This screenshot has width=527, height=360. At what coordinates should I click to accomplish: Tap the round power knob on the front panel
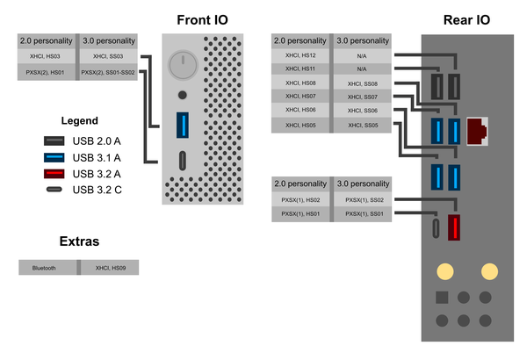(x=182, y=62)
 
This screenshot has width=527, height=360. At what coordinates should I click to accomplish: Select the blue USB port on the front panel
(x=182, y=125)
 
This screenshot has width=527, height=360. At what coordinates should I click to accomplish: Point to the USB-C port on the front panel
(x=182, y=162)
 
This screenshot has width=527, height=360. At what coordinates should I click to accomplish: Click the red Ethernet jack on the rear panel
(x=477, y=131)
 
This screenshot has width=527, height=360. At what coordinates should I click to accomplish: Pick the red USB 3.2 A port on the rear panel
(x=455, y=227)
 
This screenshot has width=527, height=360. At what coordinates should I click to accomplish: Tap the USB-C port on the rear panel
(x=437, y=227)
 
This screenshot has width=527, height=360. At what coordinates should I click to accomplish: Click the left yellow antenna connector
(x=444, y=271)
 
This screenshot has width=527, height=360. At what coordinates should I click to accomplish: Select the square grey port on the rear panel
(x=444, y=299)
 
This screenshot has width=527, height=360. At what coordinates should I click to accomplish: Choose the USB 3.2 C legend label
(x=97, y=189)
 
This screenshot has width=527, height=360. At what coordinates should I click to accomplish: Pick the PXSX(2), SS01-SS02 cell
(x=108, y=72)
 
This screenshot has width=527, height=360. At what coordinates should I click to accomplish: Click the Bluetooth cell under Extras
(x=48, y=268)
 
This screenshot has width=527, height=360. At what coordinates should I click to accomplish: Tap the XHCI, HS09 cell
(x=108, y=268)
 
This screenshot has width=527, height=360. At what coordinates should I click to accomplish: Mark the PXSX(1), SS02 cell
(x=364, y=200)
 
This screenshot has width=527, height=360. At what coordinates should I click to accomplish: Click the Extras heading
(x=79, y=241)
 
